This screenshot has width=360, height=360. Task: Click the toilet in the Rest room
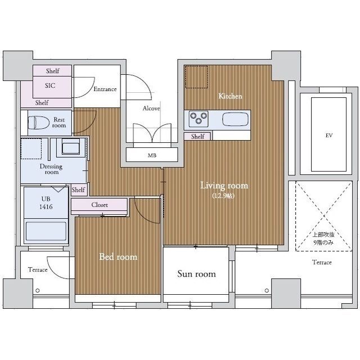[x=39, y=123]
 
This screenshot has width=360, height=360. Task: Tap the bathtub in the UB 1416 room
[x=46, y=231]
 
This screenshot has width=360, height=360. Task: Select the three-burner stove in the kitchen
[x=199, y=119]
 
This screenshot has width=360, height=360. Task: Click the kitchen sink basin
[x=235, y=119]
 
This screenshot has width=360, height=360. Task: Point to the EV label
[x=328, y=136]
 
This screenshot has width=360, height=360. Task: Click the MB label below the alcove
[x=152, y=155]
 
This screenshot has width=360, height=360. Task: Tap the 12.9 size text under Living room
[x=223, y=196]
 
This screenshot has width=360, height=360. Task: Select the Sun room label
[x=196, y=274]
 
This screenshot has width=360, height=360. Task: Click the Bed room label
[x=118, y=256]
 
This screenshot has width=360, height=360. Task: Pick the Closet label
[x=100, y=205]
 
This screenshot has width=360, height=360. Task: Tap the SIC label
[x=50, y=85]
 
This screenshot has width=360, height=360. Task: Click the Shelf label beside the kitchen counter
[x=197, y=137]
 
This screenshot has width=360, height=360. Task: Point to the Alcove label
[x=151, y=108]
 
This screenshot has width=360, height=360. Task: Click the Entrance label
[x=105, y=89]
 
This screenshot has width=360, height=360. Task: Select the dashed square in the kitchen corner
[x=196, y=77]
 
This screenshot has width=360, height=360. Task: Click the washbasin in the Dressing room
[x=71, y=147]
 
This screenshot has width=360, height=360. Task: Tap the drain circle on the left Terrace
[x=38, y=291]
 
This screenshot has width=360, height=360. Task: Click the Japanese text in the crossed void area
[x=323, y=238]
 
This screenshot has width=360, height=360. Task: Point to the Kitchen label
[x=230, y=96]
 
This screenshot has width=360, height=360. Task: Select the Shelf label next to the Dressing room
[x=78, y=190]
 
